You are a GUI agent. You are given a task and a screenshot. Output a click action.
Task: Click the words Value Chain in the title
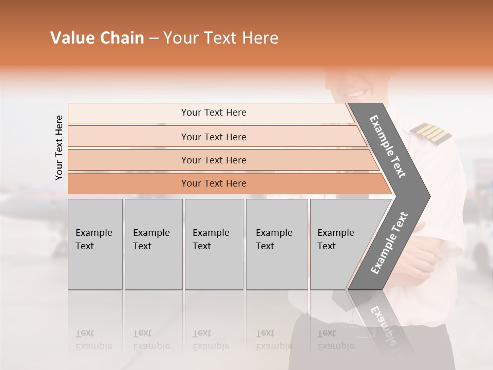click(97, 38)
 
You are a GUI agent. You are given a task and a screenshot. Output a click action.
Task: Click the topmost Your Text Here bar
click(213, 113)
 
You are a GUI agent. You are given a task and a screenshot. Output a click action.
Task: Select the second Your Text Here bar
click(213, 137)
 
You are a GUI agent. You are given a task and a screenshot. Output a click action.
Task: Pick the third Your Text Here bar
click(213, 160)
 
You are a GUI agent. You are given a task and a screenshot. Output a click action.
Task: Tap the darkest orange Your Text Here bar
click(213, 183)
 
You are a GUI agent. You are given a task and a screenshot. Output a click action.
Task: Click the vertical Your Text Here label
click(59, 147)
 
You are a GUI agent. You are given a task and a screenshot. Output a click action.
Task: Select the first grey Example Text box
click(95, 244)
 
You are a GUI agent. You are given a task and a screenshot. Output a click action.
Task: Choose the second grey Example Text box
click(153, 244)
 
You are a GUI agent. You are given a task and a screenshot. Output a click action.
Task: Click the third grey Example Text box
click(214, 244)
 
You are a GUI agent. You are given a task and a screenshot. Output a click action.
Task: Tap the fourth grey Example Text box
click(276, 244)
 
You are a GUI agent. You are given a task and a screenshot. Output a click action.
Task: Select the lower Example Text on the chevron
click(389, 243)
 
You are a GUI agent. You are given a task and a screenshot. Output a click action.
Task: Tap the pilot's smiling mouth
click(355, 94)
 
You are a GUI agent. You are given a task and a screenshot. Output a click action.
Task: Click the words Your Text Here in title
click(221, 38)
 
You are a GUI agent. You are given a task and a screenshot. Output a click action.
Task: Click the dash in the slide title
click(154, 39)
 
